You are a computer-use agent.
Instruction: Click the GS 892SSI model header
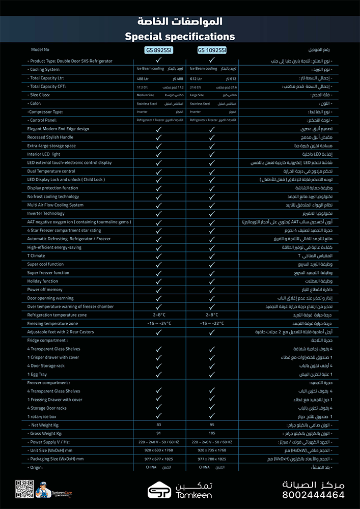point(158,50)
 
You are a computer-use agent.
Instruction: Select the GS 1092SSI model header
point(212,50)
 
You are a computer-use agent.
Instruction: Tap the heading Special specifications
point(180,37)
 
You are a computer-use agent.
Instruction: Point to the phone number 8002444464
point(314,495)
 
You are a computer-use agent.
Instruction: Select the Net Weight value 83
point(159,424)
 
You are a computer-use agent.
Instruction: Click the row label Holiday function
point(43,281)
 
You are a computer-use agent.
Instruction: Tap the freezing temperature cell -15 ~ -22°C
point(212,323)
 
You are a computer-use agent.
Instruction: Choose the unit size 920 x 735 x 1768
point(212,450)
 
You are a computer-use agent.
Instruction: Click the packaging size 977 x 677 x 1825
point(159,459)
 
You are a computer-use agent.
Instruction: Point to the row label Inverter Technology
point(46,213)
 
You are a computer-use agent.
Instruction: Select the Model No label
point(40,50)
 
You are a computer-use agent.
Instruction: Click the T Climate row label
point(36,256)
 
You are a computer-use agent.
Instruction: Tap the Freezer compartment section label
point(48,382)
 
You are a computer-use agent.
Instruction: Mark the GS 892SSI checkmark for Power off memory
point(159,290)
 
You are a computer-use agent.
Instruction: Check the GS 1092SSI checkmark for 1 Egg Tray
point(212,374)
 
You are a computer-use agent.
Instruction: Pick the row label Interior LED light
point(44,154)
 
